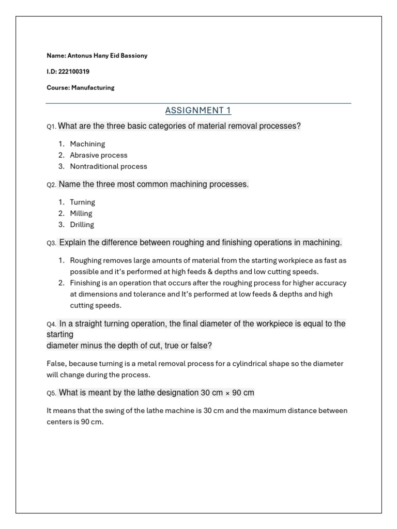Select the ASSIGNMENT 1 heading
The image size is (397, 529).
point(198,110)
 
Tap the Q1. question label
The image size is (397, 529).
point(51,127)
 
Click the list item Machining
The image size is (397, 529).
point(87,144)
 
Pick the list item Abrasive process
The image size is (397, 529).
point(99,155)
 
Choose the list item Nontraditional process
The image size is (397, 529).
point(109,166)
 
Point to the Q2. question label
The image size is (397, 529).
point(51,185)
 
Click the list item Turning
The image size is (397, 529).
point(83,202)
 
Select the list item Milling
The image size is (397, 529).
point(81,213)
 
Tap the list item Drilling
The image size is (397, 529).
point(82,225)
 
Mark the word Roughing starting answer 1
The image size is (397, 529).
point(86,260)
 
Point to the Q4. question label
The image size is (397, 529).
point(51,324)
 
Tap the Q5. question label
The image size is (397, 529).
point(51,393)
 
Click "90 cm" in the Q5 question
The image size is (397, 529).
point(243,393)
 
